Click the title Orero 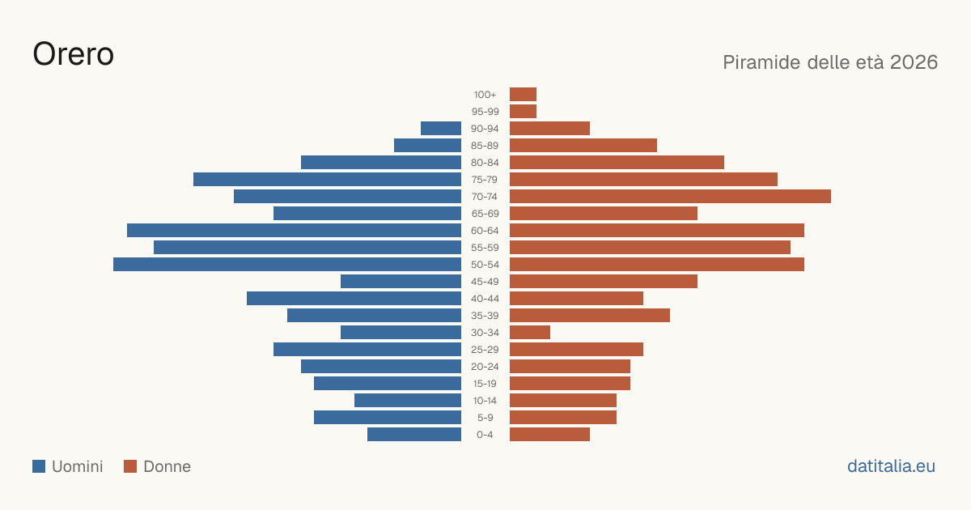pos(74,54)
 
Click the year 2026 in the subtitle pos(914,62)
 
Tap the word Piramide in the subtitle pos(767,62)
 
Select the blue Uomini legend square pos(39,466)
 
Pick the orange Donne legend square pos(130,466)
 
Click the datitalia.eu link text pos(891,466)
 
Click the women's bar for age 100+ pos(524,94)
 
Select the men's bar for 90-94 pos(441,129)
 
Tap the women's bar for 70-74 pos(670,197)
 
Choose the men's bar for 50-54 pos(287,265)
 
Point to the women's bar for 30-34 pos(530,333)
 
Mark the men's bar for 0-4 pos(414,435)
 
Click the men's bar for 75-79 pos(327,180)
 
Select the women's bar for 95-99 pos(524,112)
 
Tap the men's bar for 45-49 pos(401,282)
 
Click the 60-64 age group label pos(485,231)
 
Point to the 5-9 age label pos(485,418)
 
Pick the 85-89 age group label pos(485,146)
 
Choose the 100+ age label pos(485,95)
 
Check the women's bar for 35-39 pos(590,315)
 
